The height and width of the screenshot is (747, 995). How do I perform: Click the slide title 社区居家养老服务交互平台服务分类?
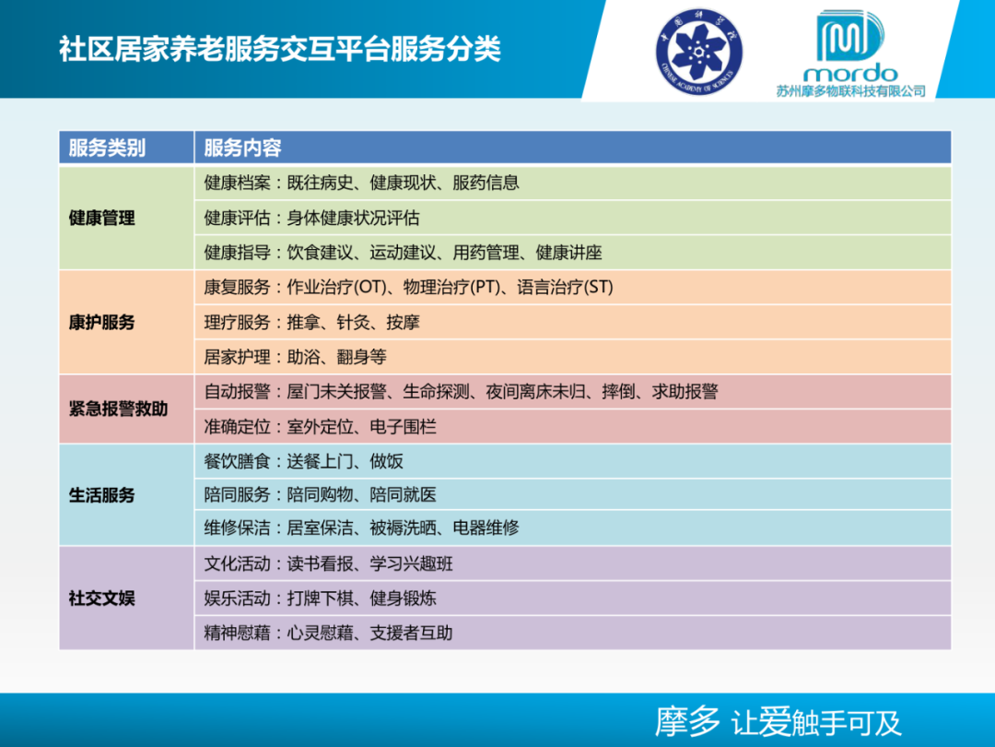pyautogui.click(x=280, y=49)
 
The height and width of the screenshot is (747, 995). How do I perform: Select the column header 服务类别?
pyautogui.click(x=107, y=148)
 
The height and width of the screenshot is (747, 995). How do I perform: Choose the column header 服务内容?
pyautogui.click(x=242, y=148)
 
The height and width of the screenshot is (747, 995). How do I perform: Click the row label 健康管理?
pyautogui.click(x=101, y=219)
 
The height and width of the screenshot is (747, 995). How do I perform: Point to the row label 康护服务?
pyautogui.click(x=101, y=323)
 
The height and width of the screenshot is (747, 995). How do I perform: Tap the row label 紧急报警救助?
pyautogui.click(x=118, y=409)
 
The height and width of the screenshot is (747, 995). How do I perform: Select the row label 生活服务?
pyautogui.click(x=101, y=495)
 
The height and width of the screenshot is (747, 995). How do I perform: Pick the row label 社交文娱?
pyautogui.click(x=101, y=599)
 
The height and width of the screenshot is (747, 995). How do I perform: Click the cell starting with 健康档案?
pyautogui.click(x=361, y=184)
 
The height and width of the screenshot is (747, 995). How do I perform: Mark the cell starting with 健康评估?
pyautogui.click(x=311, y=219)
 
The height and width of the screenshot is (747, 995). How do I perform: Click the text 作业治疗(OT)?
pyautogui.click(x=334, y=288)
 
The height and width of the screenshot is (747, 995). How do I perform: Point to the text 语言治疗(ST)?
pyautogui.click(x=565, y=288)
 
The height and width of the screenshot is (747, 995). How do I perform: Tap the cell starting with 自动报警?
pyautogui.click(x=461, y=392)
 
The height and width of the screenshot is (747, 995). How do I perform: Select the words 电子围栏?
pyautogui.click(x=403, y=427)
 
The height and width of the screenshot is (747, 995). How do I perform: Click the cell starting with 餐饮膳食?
pyautogui.click(x=303, y=461)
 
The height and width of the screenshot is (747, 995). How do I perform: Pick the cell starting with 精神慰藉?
pyautogui.click(x=328, y=634)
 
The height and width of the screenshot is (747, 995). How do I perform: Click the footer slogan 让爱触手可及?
pyautogui.click(x=816, y=722)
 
